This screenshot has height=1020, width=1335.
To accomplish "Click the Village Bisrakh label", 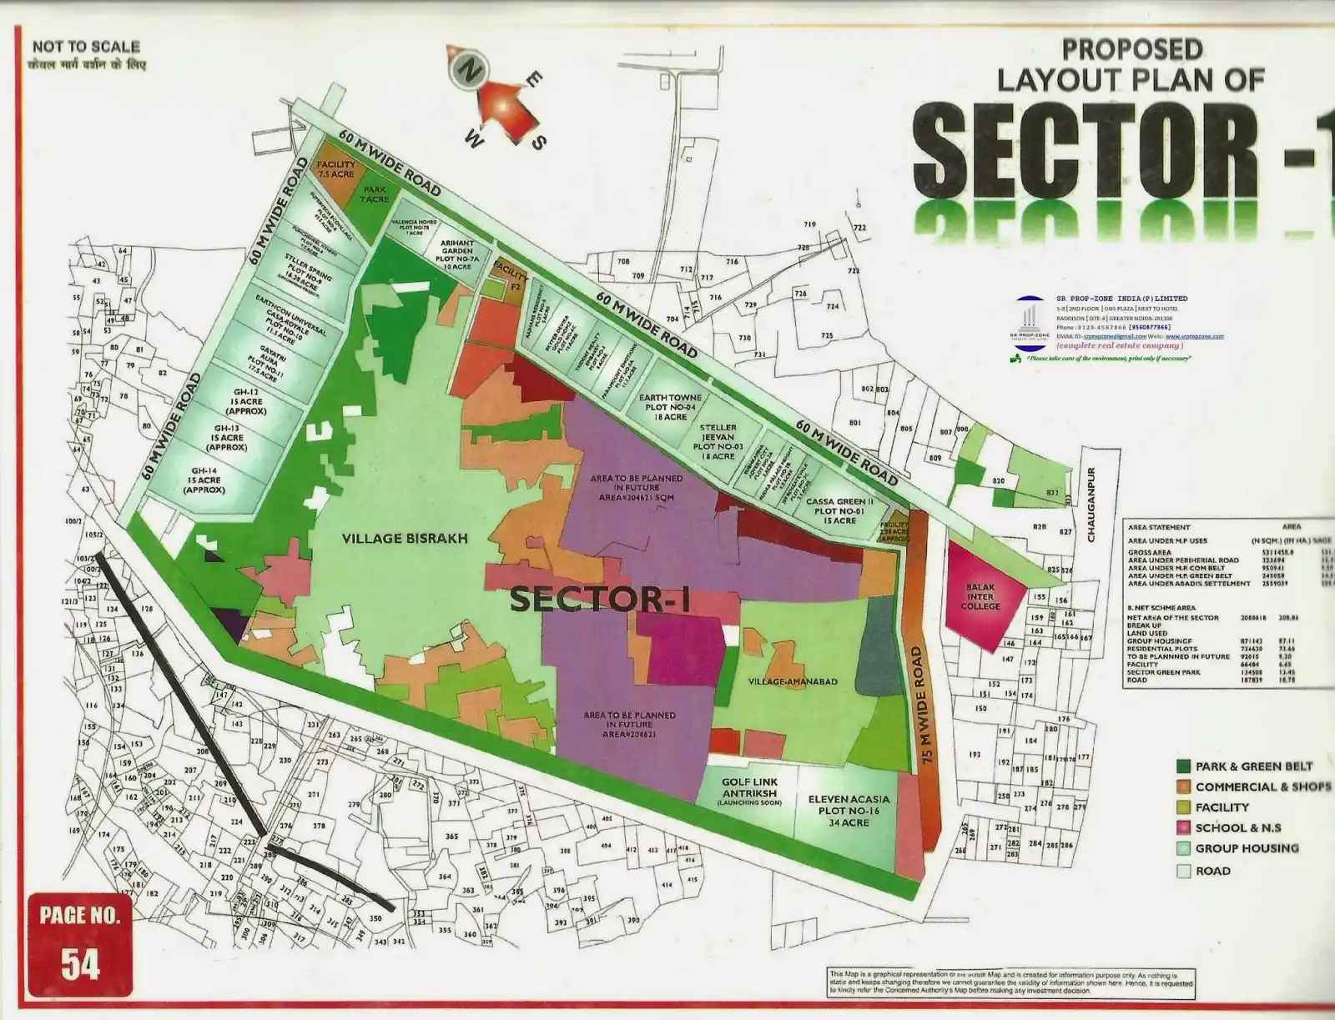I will click(x=405, y=539).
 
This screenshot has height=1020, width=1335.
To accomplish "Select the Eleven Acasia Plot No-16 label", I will click(x=848, y=811).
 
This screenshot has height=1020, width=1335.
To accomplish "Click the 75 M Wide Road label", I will click(x=919, y=706).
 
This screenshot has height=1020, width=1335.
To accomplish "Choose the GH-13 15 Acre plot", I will click(x=227, y=438).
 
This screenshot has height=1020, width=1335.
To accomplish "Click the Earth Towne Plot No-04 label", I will click(x=670, y=407).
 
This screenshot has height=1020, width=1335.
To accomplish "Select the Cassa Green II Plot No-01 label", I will click(x=839, y=510).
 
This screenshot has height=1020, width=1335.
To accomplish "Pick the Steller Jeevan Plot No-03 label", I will click(x=718, y=441).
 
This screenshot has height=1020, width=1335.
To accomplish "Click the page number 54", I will click(x=80, y=964).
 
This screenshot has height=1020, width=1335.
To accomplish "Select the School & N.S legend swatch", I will click(x=1183, y=828).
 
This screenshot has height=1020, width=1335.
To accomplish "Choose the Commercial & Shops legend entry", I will click(x=1262, y=786).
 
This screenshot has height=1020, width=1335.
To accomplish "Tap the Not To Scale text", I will click(x=86, y=48).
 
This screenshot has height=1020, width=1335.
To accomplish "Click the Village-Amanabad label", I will click(x=793, y=681).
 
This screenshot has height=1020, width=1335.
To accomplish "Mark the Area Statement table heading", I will click(x=1158, y=527).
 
